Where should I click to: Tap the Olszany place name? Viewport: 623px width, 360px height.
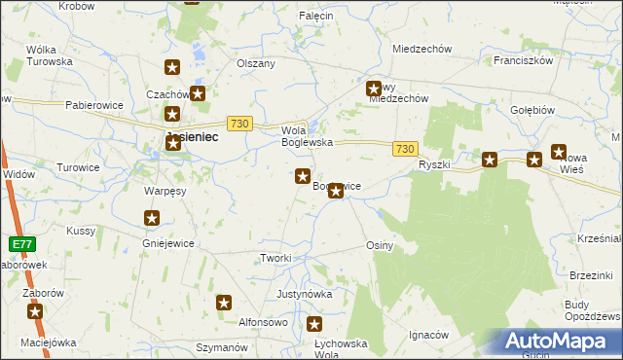click(x=256, y=63)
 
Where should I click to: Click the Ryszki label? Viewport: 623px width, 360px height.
click(x=434, y=164)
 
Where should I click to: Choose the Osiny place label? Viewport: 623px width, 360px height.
click(x=379, y=245)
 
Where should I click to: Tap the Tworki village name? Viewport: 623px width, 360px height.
click(x=275, y=257)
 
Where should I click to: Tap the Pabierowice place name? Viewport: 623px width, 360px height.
click(x=94, y=104)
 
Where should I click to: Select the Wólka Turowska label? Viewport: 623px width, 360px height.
click(x=50, y=54)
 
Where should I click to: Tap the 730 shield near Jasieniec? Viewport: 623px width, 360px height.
click(x=239, y=124)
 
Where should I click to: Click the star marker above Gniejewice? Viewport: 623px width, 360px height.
click(x=152, y=219)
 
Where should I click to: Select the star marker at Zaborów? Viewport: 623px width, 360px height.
click(x=36, y=312)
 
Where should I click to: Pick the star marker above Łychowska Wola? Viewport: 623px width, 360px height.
click(x=314, y=325)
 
